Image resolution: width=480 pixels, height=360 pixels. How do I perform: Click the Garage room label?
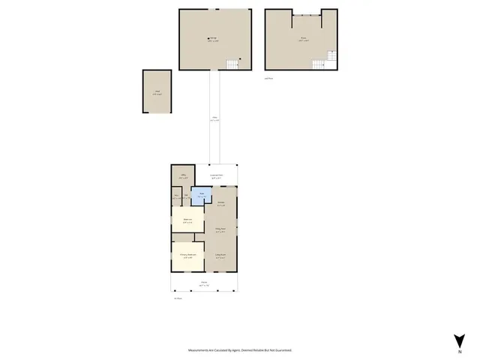pos(212,39)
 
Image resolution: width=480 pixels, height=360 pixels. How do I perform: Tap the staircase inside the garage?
pos(234,65)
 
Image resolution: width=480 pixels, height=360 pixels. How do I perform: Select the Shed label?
pos(157,92)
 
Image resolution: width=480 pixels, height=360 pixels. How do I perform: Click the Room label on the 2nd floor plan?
pos(304,39)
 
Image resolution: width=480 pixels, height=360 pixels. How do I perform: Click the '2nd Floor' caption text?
pos(268,77)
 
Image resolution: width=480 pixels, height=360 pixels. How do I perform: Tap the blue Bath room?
pos(199,196)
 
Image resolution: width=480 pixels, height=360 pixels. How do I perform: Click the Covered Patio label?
pos(218,176)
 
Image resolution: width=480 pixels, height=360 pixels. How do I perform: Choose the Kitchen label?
pos(221,204)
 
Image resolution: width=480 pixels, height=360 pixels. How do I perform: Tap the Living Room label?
pos(221,256)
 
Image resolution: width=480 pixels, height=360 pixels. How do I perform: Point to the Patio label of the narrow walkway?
pos(214,118)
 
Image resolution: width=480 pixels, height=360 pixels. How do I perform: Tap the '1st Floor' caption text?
pos(178,298)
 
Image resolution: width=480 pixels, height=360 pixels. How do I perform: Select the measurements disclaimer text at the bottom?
pos(240,349)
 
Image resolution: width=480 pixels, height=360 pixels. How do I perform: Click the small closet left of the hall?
pos(176,197)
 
